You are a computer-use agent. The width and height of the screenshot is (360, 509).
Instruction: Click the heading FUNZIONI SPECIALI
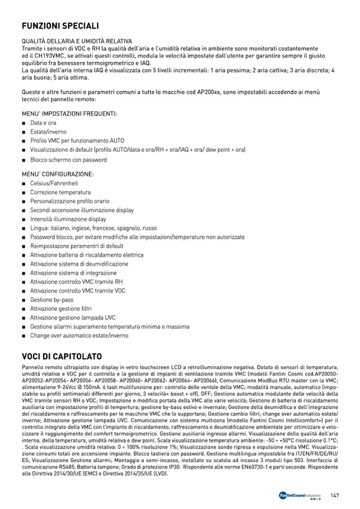(x=60, y=26)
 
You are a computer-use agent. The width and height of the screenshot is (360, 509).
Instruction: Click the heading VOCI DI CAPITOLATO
(x=62, y=356)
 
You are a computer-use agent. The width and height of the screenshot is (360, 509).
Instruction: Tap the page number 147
(x=335, y=496)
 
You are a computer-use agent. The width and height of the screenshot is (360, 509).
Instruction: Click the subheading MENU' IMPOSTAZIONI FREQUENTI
(x=69, y=114)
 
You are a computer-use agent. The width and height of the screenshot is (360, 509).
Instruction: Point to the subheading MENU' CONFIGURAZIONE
(x=58, y=174)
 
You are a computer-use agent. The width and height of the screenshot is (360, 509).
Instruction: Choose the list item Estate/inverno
(x=48, y=132)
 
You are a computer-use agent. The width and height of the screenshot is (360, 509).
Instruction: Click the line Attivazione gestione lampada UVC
(x=73, y=318)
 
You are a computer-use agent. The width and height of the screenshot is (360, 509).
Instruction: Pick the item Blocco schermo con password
(x=68, y=159)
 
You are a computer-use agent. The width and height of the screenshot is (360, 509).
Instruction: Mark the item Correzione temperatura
(x=60, y=192)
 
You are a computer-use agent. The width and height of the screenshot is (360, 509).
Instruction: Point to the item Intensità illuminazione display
(x=68, y=219)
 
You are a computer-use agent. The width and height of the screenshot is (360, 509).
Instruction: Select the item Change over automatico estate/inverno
(x=79, y=336)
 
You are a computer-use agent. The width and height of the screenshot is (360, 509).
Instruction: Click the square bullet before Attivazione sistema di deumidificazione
(x=24, y=264)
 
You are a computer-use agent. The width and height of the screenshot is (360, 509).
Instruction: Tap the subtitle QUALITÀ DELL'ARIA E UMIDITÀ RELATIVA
(x=76, y=41)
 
